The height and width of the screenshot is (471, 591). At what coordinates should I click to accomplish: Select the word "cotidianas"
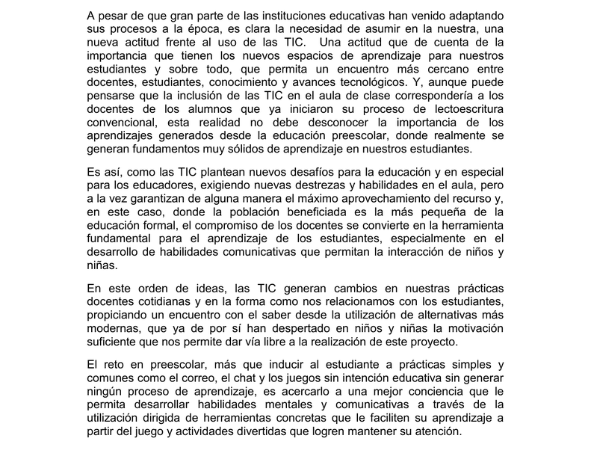[161, 301]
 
